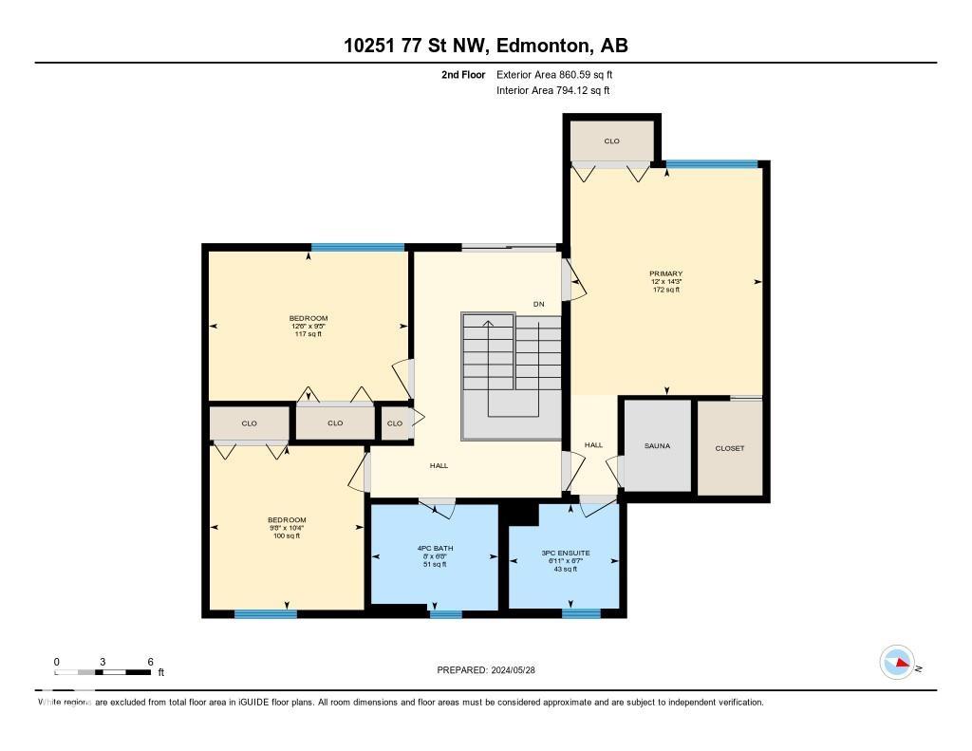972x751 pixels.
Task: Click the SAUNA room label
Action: pyautogui.click(x=657, y=445)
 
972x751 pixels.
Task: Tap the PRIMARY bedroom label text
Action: pyautogui.click(x=666, y=273)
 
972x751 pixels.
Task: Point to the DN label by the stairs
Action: pyautogui.click(x=538, y=305)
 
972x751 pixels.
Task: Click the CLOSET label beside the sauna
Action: pyautogui.click(x=729, y=448)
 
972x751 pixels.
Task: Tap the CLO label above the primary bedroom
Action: pyautogui.click(x=611, y=141)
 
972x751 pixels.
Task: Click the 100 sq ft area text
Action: pyautogui.click(x=287, y=536)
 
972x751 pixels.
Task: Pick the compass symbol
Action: pyautogui.click(x=897, y=662)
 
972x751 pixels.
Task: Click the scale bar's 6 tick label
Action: pyautogui.click(x=150, y=662)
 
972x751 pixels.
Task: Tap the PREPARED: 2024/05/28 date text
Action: pyautogui.click(x=493, y=669)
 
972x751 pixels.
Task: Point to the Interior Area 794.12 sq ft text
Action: pyautogui.click(x=553, y=90)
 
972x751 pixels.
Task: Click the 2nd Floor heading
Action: pyautogui.click(x=463, y=74)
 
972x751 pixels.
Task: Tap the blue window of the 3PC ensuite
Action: pyautogui.click(x=580, y=613)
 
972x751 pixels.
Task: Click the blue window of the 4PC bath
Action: pyautogui.click(x=445, y=614)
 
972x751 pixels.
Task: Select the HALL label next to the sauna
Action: pyautogui.click(x=593, y=444)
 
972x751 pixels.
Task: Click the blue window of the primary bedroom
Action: pyautogui.click(x=712, y=163)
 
